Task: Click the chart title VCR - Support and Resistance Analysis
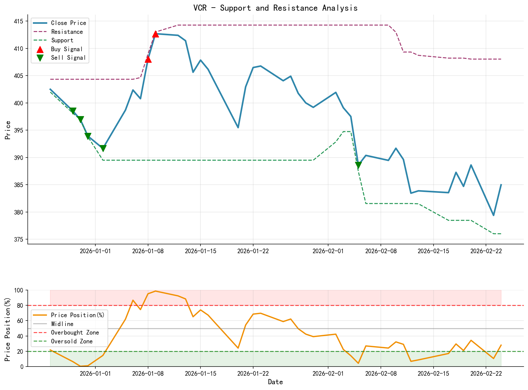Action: pos(275,8)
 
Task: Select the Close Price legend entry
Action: pos(68,23)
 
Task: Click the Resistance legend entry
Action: pos(67,32)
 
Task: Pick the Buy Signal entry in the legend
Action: pos(66,49)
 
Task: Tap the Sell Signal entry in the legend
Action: pos(68,58)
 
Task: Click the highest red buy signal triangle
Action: pos(155,34)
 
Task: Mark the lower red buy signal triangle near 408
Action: pos(148,59)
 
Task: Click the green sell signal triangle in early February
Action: pos(358,165)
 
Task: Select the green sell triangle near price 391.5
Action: pos(103,148)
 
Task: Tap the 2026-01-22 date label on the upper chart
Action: pos(253,251)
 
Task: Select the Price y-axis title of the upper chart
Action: pos(8,130)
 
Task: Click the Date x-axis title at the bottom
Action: pos(275,382)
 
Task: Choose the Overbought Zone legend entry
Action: pos(75,333)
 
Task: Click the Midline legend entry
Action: pos(62,324)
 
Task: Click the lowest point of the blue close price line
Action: pos(493,215)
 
